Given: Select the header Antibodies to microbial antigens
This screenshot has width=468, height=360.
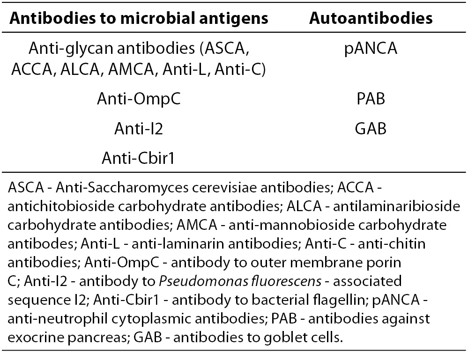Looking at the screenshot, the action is [x=139, y=19].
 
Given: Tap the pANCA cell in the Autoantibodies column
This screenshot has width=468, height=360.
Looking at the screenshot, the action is [x=371, y=48].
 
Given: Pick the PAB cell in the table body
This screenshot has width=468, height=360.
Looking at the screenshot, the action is [x=371, y=98].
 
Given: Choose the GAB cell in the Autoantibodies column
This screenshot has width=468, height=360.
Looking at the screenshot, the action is [x=371, y=129].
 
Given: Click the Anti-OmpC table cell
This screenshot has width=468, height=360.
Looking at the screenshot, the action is [x=139, y=99].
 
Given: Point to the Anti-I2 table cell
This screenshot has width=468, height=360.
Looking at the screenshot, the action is [x=139, y=129].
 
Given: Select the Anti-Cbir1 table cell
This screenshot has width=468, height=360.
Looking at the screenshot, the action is [x=138, y=158].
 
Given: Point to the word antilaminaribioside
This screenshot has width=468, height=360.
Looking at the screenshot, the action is [x=396, y=206].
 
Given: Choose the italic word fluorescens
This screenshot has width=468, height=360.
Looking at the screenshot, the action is [x=287, y=281].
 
